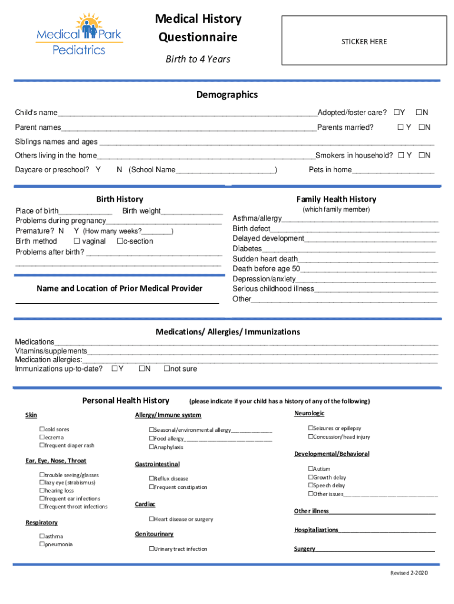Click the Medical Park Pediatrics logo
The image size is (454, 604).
79,34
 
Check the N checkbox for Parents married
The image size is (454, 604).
422,127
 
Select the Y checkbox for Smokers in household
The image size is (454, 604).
401,156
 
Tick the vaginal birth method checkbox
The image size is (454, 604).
77,241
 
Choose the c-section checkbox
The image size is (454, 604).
120,241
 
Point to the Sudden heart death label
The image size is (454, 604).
265,259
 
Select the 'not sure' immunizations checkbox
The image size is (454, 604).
167,369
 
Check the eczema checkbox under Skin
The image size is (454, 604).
42,438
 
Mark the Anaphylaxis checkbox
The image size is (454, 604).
152,447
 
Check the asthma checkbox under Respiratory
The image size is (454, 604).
42,536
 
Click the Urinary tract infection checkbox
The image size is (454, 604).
152,549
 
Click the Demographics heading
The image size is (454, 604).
227,95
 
